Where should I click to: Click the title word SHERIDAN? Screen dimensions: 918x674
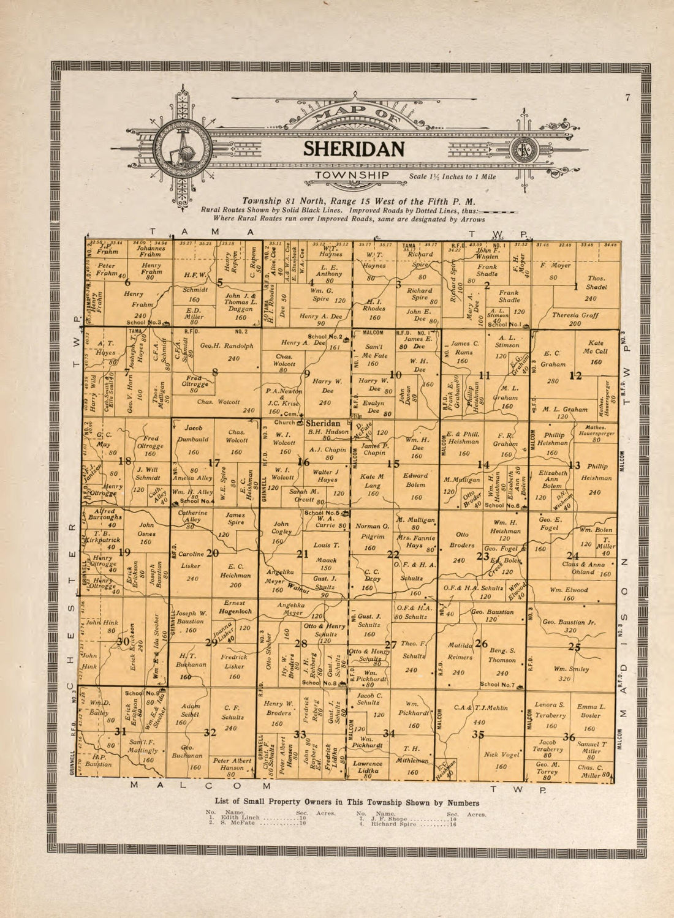click(x=354, y=149)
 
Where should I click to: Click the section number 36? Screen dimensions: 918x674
click(x=569, y=737)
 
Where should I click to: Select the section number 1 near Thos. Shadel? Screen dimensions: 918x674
click(x=575, y=286)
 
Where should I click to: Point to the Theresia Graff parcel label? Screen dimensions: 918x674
click(x=575, y=319)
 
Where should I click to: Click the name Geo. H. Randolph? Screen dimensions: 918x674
click(x=227, y=345)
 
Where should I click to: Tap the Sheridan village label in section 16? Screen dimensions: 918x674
click(x=322, y=423)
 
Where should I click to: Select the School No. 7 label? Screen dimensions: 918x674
click(x=498, y=685)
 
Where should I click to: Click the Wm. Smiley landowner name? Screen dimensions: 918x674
click(x=571, y=669)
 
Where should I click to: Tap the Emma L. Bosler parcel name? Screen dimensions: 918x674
click(x=591, y=710)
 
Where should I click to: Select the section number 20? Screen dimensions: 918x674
click(x=213, y=553)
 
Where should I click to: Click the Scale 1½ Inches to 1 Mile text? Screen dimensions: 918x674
click(x=452, y=177)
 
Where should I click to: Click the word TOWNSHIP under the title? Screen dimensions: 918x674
click(x=352, y=175)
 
